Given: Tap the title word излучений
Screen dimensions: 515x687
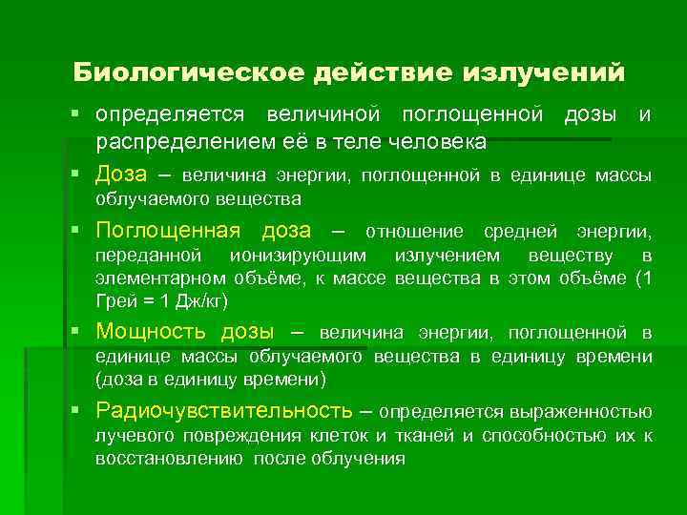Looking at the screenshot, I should pyautogui.click(x=544, y=72).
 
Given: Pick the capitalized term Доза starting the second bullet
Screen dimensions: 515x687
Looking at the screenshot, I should pyautogui.click(x=121, y=175).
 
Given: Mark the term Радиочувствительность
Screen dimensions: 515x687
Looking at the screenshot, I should pyautogui.click(x=224, y=411).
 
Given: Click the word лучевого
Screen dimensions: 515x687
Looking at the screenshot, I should pyautogui.click(x=129, y=436).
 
